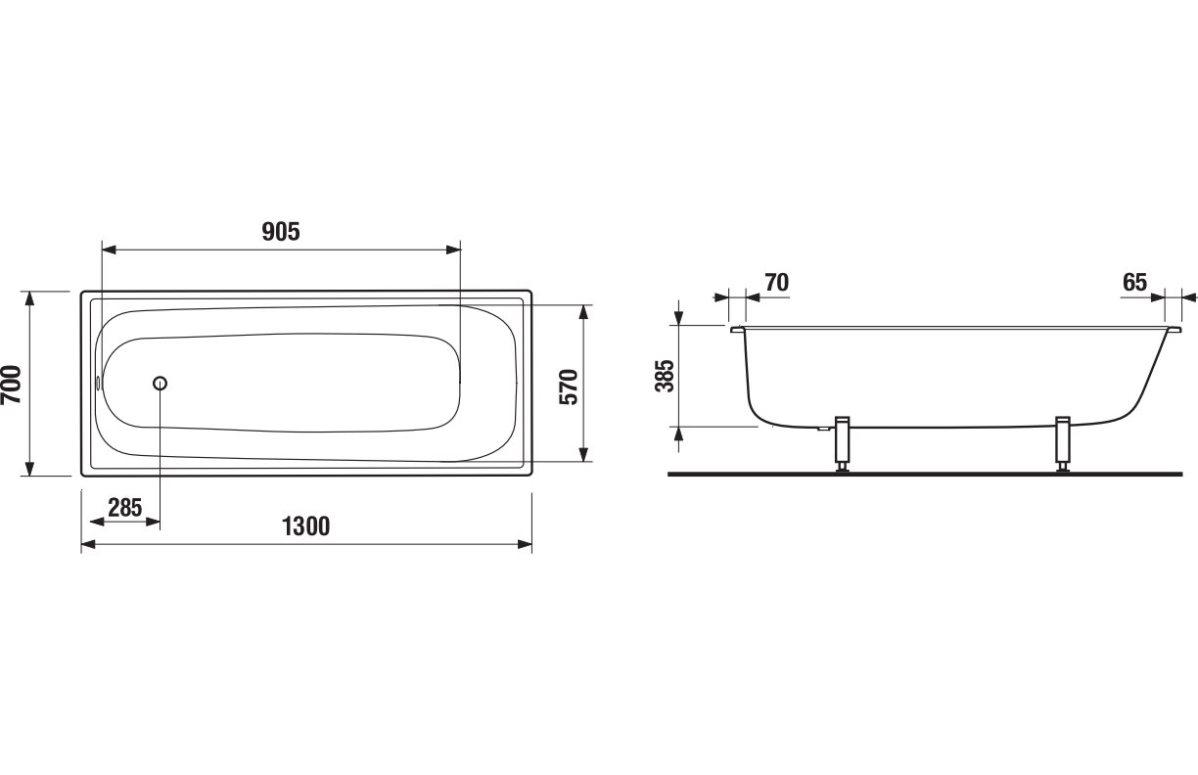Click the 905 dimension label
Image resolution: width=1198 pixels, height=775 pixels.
(281, 232)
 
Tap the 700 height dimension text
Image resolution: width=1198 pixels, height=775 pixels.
(12, 385)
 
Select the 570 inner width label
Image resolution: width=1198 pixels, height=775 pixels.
(569, 387)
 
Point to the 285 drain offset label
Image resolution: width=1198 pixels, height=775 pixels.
(125, 508)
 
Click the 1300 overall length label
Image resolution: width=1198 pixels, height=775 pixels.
(306, 526)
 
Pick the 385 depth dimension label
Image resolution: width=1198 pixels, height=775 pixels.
(666, 376)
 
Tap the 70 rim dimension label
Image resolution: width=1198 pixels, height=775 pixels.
(776, 282)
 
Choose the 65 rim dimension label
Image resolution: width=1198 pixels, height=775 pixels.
(1135, 282)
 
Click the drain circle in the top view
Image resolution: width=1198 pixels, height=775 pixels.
(160, 383)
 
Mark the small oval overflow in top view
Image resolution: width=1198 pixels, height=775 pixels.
(99, 383)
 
